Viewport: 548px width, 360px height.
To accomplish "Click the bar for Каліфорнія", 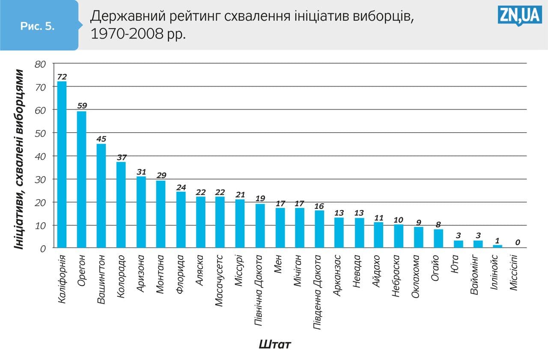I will point(62,165).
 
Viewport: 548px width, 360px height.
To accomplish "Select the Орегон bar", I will point(82,180).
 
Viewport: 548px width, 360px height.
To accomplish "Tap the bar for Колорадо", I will point(122,205).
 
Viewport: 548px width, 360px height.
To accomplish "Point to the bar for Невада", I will point(360,233).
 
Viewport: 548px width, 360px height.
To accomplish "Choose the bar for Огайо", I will point(438,238).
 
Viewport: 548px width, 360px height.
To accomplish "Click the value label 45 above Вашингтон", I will point(101,139).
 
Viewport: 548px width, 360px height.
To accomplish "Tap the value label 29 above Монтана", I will point(161,175).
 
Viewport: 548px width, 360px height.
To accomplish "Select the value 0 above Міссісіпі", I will point(518,242).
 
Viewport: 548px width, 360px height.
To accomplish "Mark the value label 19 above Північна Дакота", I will point(260,198).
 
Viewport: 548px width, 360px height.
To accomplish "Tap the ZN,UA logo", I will point(520,16).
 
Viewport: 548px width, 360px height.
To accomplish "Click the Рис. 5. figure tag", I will point(38,26).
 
